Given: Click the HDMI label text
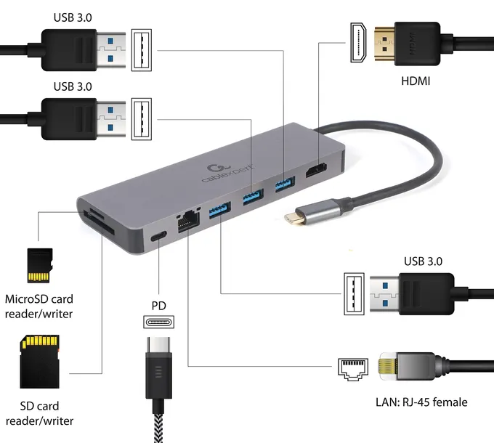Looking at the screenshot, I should point(416,81).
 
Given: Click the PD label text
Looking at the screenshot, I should point(159,305).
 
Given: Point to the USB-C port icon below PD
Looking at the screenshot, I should point(159,323).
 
